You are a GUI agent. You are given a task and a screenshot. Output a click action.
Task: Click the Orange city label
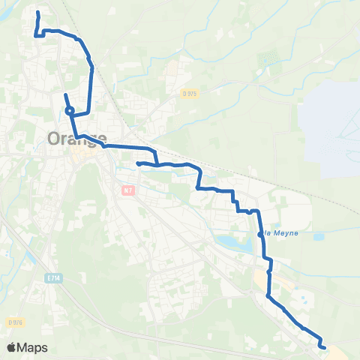click(76, 139)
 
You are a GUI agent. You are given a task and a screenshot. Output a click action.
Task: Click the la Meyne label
click(281, 232)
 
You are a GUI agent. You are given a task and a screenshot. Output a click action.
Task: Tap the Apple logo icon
click(12, 347)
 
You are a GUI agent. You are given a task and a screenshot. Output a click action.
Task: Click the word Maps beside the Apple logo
click(33, 347)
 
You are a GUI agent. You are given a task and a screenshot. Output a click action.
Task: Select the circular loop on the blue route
click(69, 111)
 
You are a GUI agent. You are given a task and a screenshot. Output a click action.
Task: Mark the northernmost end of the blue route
click(38, 12)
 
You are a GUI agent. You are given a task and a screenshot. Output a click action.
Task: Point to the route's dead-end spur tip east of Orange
click(137, 163)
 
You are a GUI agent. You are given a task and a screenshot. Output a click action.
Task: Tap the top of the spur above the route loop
click(66, 94)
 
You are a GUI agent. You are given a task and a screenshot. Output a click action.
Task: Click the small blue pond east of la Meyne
click(319, 237)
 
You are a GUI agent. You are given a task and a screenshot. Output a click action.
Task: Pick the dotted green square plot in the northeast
click(266, 58)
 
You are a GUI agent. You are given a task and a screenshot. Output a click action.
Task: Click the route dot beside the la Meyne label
click(259, 234)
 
